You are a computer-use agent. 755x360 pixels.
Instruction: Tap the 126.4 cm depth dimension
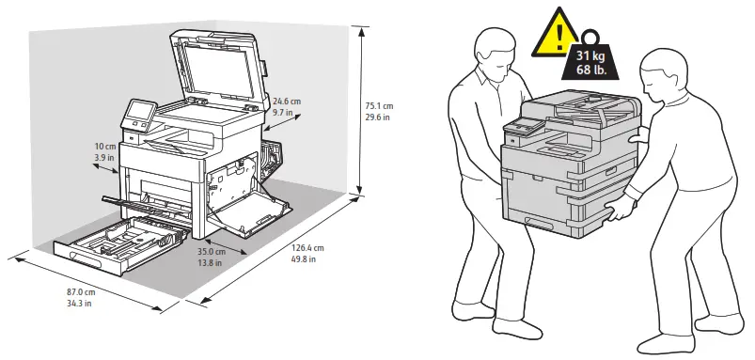[x=306, y=249]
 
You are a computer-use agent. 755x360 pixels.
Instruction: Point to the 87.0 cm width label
[x=82, y=292]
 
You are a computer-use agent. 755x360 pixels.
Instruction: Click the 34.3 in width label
[x=82, y=304]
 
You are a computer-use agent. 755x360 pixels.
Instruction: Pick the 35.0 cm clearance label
[x=211, y=252]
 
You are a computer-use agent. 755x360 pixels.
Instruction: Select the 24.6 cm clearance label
[x=286, y=101]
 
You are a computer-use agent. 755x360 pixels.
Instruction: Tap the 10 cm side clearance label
[x=104, y=148]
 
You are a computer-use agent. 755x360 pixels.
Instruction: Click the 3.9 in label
[x=104, y=159]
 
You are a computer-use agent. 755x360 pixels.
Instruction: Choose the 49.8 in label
[x=306, y=260]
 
